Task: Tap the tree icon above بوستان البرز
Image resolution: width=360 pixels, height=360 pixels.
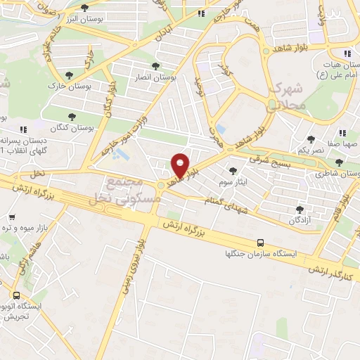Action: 85,8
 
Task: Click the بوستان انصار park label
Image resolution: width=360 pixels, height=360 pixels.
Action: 156,79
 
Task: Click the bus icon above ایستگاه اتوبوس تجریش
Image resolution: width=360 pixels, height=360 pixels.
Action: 16,296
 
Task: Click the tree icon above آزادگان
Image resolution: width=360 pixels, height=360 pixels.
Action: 301,210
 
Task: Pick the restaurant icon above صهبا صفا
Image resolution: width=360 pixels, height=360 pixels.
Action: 342,131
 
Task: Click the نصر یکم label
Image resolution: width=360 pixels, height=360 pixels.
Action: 309,150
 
